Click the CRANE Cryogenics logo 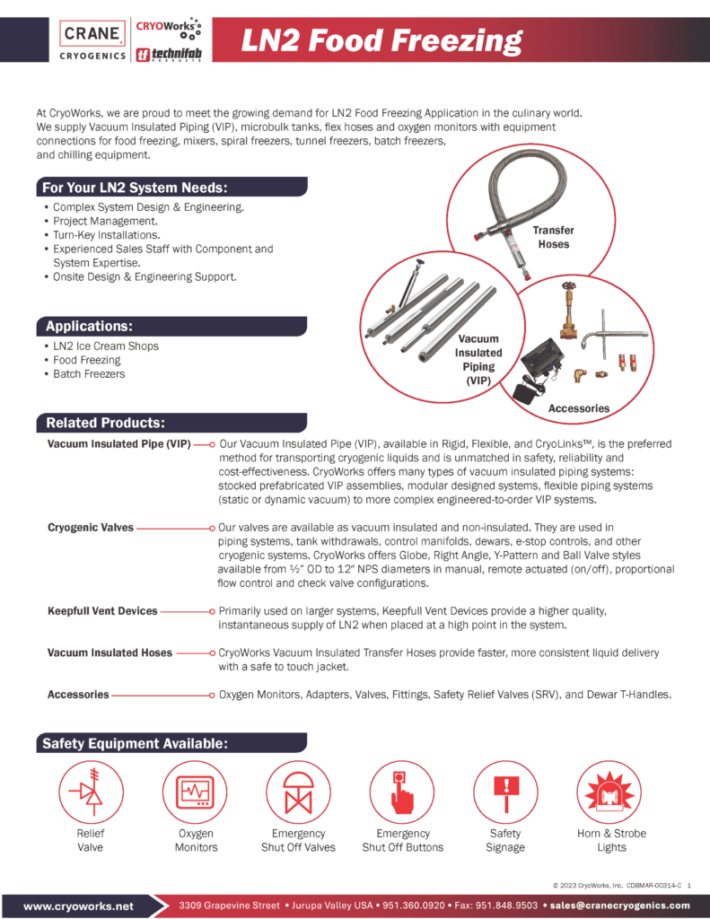(92, 40)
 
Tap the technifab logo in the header (165, 55)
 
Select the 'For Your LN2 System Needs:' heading (136, 188)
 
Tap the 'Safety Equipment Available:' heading (134, 743)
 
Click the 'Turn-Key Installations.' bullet (107, 234)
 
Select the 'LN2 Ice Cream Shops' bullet (106, 346)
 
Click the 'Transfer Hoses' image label (554, 237)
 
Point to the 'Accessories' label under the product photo (579, 408)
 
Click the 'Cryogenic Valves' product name (91, 528)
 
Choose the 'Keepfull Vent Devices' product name (102, 611)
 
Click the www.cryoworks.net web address (79, 906)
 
